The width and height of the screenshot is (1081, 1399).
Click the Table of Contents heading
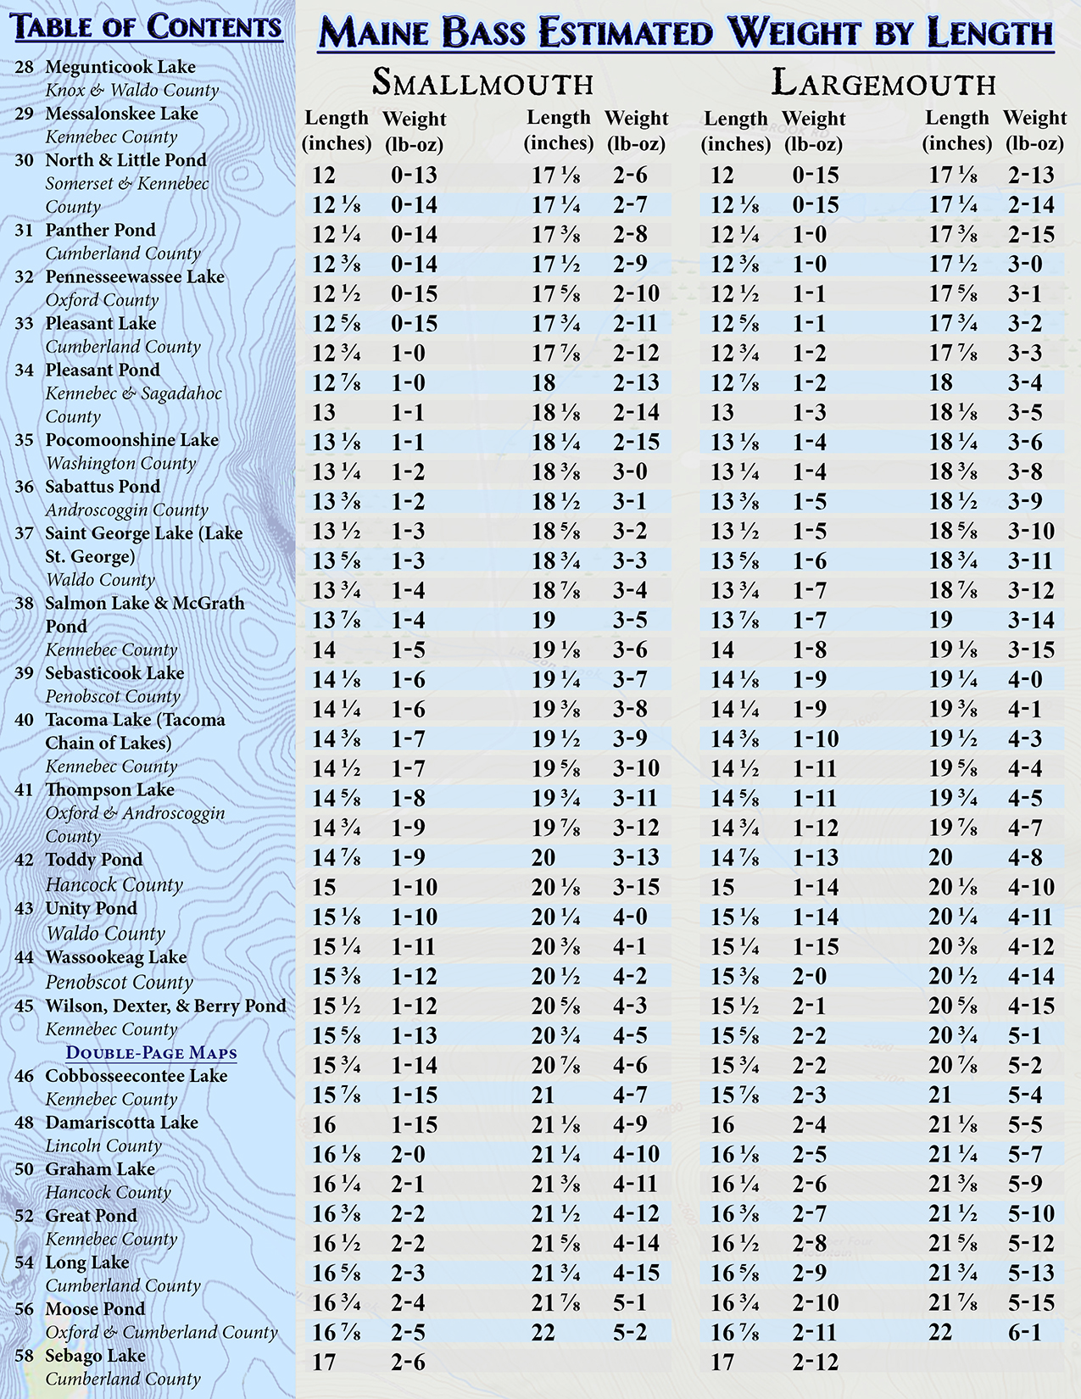[148, 27]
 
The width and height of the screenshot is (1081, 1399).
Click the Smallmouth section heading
[482, 83]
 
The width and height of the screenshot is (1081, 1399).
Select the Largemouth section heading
[883, 83]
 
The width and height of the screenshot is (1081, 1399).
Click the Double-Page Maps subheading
[152, 1053]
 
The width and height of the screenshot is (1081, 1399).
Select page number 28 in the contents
[25, 67]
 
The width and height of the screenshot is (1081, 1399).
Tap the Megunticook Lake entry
[120, 67]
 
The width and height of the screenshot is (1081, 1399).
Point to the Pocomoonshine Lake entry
[131, 440]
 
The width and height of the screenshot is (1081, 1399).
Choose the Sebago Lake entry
[95, 1356]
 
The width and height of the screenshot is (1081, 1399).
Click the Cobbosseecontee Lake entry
[136, 1076]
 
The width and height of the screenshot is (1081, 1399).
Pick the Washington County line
[120, 464]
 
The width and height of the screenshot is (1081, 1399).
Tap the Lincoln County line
[103, 1146]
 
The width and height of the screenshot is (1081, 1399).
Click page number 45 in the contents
[25, 1006]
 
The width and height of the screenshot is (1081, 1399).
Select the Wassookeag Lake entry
[115, 957]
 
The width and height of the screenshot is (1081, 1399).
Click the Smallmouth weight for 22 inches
[629, 1332]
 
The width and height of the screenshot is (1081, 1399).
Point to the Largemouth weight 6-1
[1024, 1332]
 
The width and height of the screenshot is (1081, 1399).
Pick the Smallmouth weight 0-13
[414, 176]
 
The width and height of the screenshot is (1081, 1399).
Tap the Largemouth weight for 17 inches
[815, 1362]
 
